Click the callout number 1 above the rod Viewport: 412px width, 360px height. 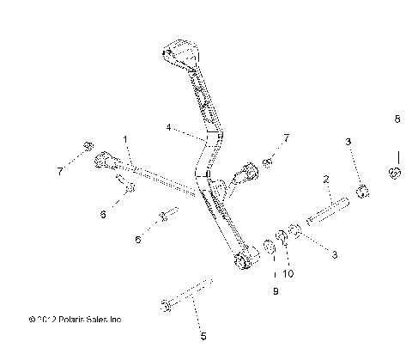pyautogui.click(x=124, y=139)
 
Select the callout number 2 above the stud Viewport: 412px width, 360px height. pyautogui.click(x=326, y=180)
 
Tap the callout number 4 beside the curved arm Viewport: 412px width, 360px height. pyautogui.click(x=169, y=128)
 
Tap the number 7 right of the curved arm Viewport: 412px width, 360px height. pyautogui.click(x=287, y=137)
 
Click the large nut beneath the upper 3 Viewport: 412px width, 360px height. pyautogui.click(x=362, y=191)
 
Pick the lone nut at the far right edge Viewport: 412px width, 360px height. pyautogui.click(x=396, y=174)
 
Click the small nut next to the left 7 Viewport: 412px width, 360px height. pyautogui.click(x=88, y=147)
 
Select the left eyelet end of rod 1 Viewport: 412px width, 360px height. pyautogui.click(x=103, y=159)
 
